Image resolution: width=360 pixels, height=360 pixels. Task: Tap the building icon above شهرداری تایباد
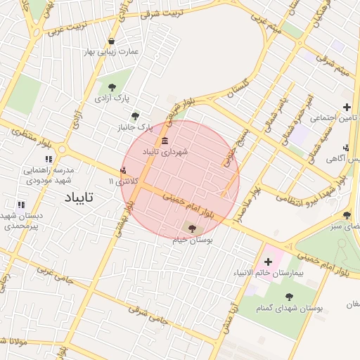coord(165,142)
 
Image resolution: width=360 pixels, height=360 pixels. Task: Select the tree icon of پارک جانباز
coord(136,116)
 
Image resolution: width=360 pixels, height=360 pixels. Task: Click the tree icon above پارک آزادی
coord(112,86)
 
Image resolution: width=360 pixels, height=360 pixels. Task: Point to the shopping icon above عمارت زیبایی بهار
coord(112,40)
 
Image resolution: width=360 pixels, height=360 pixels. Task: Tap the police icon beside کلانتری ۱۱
coord(124,169)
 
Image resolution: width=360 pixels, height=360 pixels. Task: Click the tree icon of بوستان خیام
coord(193,227)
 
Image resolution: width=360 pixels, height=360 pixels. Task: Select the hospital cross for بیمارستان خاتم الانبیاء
coord(268,262)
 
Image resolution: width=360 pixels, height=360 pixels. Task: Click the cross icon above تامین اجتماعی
coord(346,108)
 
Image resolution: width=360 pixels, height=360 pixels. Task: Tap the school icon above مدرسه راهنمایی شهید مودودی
coord(49,160)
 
